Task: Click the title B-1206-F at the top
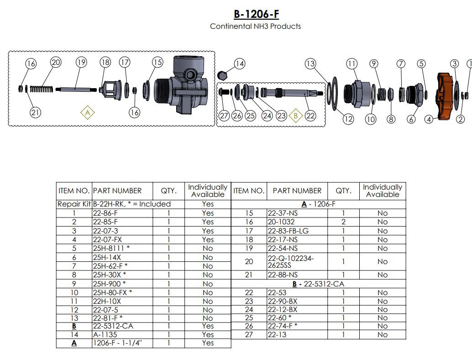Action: [256, 14]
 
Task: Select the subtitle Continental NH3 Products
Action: [255, 26]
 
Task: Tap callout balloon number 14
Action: [240, 64]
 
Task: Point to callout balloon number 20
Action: [55, 62]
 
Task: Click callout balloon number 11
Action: [351, 64]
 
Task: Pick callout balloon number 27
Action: [224, 116]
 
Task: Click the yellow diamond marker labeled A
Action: [87, 112]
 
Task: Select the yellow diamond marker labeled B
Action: [296, 116]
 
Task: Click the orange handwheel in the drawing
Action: [444, 96]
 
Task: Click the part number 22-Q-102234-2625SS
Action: [290, 262]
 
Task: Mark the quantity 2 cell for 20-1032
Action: [343, 222]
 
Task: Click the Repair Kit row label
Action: [74, 204]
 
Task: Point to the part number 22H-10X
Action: [107, 301]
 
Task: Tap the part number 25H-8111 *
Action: [110, 248]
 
